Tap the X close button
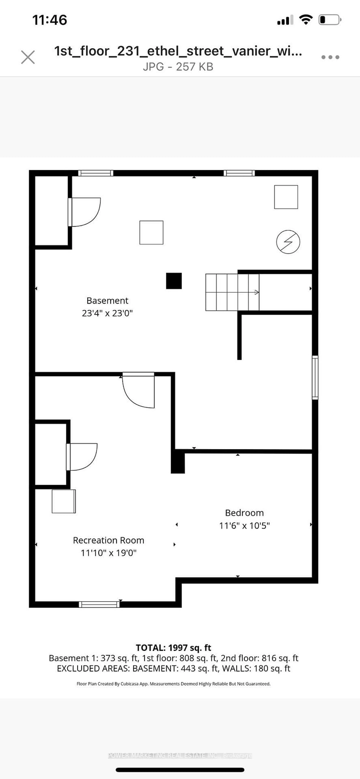pyautogui.click(x=28, y=57)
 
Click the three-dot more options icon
pyautogui.click(x=330, y=57)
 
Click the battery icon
pyautogui.click(x=329, y=20)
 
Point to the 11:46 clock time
pyautogui.click(x=50, y=20)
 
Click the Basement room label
pyautogui.click(x=107, y=301)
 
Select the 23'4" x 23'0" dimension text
pyautogui.click(x=107, y=313)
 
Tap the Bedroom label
pyautogui.click(x=244, y=513)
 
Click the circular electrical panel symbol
pyautogui.click(x=288, y=242)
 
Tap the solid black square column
pyautogui.click(x=174, y=281)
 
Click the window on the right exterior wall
pyautogui.click(x=315, y=377)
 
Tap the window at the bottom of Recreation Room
pyautogui.click(x=99, y=604)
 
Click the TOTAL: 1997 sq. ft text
pyautogui.click(x=173, y=648)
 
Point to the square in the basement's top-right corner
pyautogui.click(x=286, y=197)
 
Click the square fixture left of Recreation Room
pyautogui.click(x=64, y=501)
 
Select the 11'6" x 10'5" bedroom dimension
pyautogui.click(x=244, y=526)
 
